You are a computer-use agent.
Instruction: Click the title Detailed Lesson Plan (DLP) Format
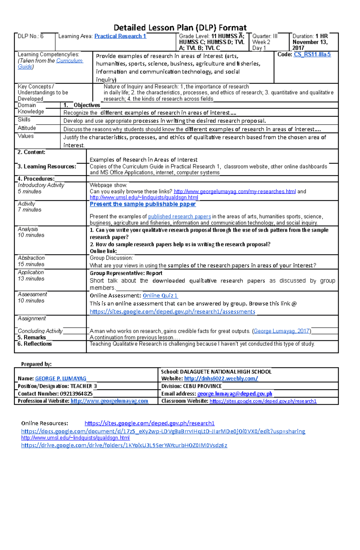click(180, 28)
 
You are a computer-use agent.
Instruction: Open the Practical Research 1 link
click(120, 36)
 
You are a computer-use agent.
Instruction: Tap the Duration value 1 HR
click(322, 36)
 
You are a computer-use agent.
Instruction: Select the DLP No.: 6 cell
click(31, 36)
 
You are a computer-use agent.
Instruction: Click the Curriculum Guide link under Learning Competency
click(69, 61)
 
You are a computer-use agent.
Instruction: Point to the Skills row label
click(24, 120)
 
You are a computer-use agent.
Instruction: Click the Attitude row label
click(27, 128)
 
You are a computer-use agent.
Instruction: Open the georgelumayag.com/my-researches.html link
click(235, 192)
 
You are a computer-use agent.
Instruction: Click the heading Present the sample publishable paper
click(142, 204)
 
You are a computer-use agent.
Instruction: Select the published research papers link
click(179, 216)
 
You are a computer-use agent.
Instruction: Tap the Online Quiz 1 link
click(160, 296)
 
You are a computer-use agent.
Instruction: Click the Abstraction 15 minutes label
click(31, 261)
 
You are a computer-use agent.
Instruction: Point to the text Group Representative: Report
click(126, 273)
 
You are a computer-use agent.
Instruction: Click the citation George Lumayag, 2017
click(281, 331)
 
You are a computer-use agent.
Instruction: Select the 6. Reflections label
click(34, 344)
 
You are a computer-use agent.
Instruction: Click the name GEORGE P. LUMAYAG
click(61, 379)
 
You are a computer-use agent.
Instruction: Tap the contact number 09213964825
click(76, 394)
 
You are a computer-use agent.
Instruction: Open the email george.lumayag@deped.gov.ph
click(235, 394)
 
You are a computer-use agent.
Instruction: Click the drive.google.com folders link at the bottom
click(124, 445)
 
